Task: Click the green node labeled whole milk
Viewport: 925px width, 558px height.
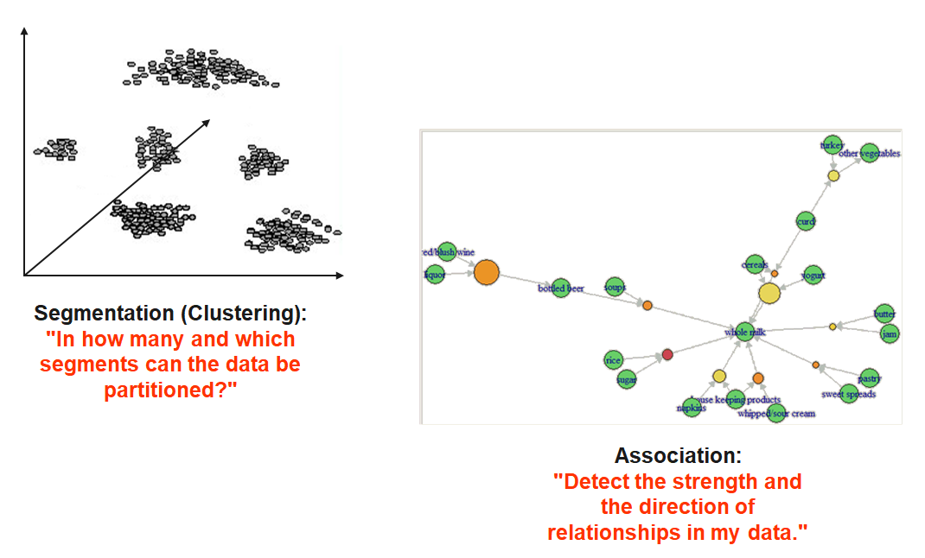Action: pos(744,330)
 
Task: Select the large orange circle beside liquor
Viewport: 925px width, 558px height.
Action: pos(487,272)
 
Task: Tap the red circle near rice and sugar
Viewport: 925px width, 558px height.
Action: pos(667,354)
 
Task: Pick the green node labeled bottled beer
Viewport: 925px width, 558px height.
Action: pos(560,289)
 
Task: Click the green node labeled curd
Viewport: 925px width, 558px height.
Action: pos(806,222)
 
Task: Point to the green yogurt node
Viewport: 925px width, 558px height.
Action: pos(812,276)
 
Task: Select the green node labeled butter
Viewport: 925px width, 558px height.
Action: pos(884,314)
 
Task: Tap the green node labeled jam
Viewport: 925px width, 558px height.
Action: pos(888,333)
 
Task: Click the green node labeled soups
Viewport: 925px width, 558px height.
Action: pos(614,287)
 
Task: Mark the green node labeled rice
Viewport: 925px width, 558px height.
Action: pos(614,360)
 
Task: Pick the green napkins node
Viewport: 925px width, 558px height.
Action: pos(691,407)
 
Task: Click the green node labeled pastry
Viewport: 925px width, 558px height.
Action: pos(869,377)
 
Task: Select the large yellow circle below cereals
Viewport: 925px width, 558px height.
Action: pos(769,293)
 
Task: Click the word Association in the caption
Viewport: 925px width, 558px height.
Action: pos(678,456)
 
